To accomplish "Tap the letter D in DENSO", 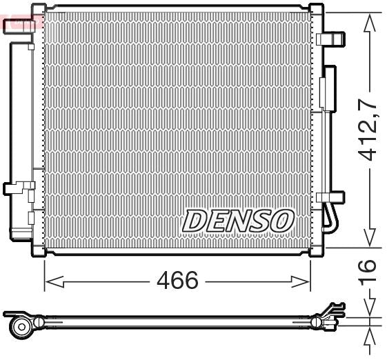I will click(194, 221).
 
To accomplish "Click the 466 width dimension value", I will click(177, 281).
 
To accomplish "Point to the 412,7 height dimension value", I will click(370, 131).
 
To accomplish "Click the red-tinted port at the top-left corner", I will click(17, 26).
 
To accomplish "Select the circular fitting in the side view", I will click(21, 325).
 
